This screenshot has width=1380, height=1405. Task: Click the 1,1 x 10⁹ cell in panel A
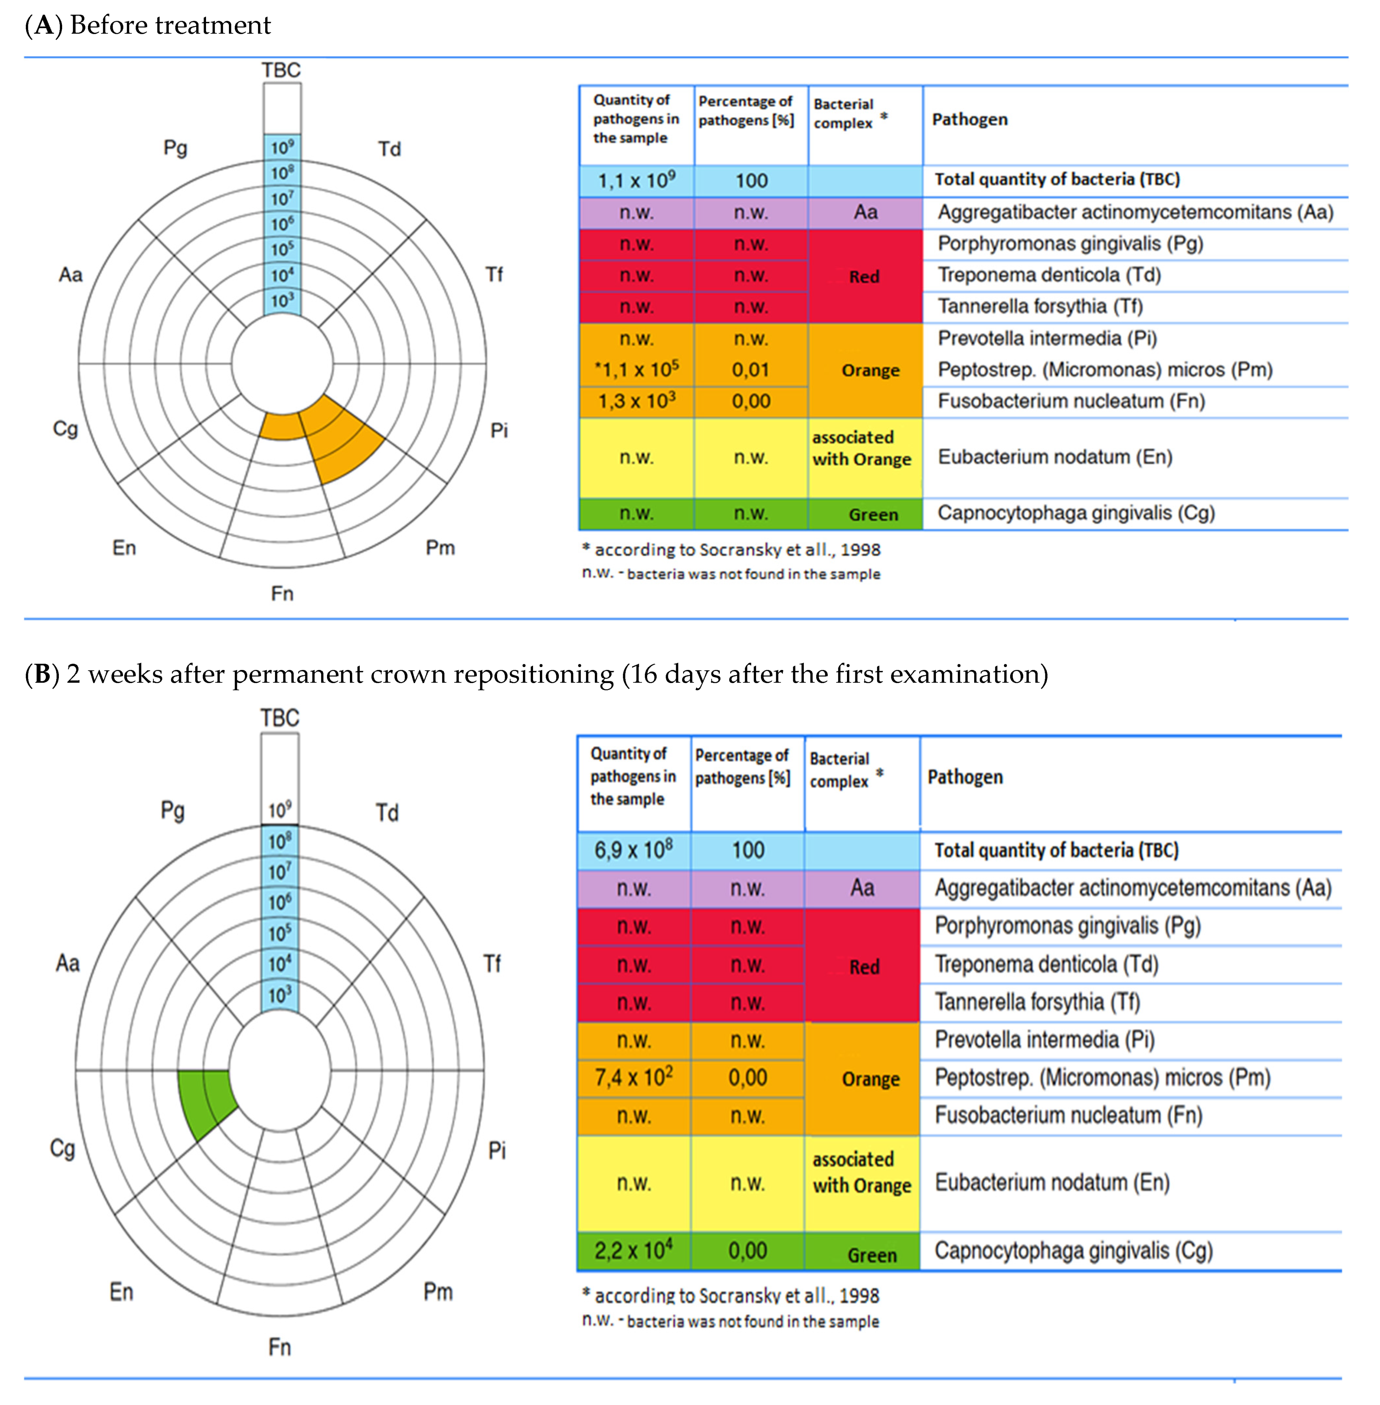(x=636, y=181)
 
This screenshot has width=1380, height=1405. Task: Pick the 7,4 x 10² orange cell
(x=633, y=1078)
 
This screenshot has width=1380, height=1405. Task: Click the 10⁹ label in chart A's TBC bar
(x=282, y=147)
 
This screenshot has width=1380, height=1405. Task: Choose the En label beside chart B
(x=122, y=1291)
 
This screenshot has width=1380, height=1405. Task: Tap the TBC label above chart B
(x=280, y=718)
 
